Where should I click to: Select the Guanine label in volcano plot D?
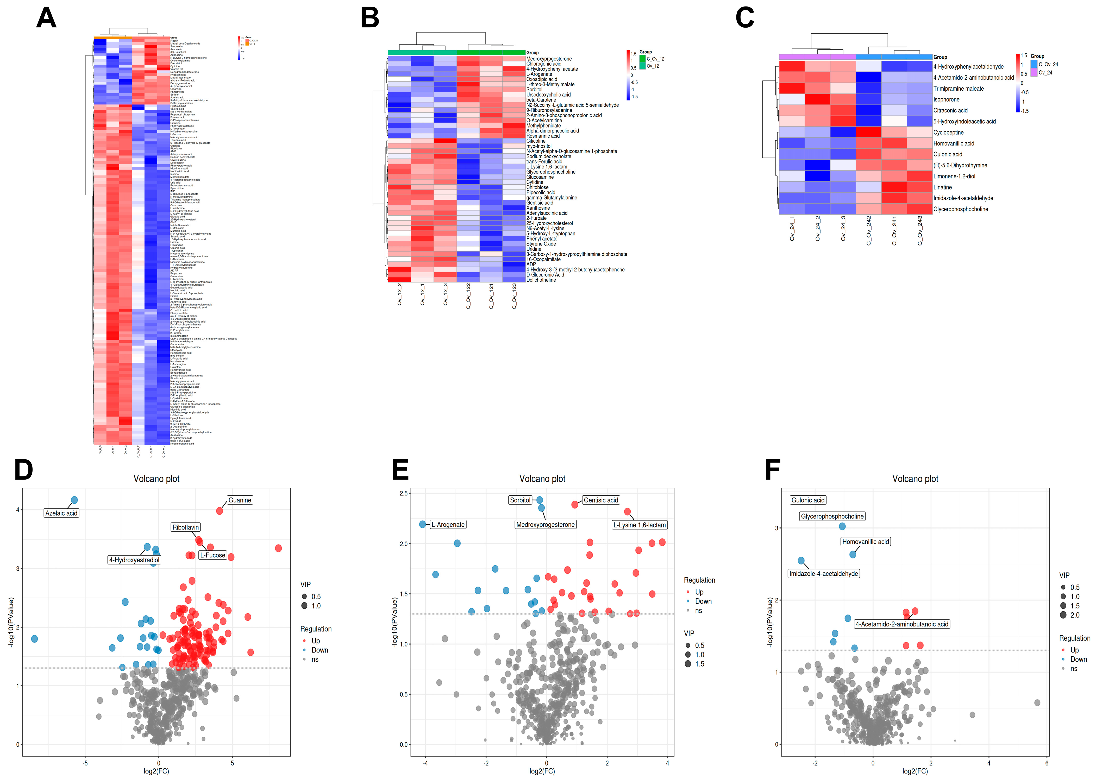[x=240, y=500]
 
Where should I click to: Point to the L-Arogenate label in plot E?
[x=448, y=525]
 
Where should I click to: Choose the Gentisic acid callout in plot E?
[x=600, y=500]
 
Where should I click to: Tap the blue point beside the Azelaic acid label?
[x=74, y=500]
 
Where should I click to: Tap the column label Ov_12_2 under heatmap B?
[x=400, y=294]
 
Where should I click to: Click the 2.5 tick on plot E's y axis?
[x=403, y=493]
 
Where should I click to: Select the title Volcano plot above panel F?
[x=915, y=479]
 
